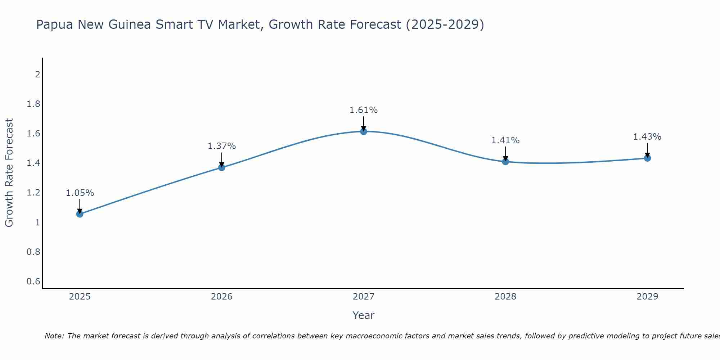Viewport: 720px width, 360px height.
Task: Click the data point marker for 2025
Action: coord(80,214)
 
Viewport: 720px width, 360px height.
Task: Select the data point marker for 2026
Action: coord(221,167)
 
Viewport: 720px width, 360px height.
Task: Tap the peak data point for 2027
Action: coord(364,131)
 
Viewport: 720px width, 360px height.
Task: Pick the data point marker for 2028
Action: coord(505,162)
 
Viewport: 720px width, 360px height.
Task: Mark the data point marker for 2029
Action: coord(647,158)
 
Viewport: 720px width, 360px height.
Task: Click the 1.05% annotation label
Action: coord(80,193)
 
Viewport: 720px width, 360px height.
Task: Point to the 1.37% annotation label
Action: coord(221,146)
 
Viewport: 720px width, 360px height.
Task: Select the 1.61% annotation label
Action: coord(364,110)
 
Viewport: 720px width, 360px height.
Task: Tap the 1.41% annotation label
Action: coord(505,140)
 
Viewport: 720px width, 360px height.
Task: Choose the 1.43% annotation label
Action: coord(647,137)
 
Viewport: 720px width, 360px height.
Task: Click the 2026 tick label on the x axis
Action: coord(221,297)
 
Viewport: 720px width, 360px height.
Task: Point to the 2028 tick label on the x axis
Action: coord(505,297)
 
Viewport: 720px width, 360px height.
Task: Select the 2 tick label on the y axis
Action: coord(37,75)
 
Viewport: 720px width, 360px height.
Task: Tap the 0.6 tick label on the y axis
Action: coord(33,281)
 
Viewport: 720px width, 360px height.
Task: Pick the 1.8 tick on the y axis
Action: coord(33,104)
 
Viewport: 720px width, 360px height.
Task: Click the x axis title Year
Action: coord(364,315)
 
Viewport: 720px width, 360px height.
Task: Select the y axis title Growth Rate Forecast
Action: coord(9,173)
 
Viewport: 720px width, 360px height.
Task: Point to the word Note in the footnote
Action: coord(54,336)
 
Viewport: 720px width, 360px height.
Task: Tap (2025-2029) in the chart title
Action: coord(445,25)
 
